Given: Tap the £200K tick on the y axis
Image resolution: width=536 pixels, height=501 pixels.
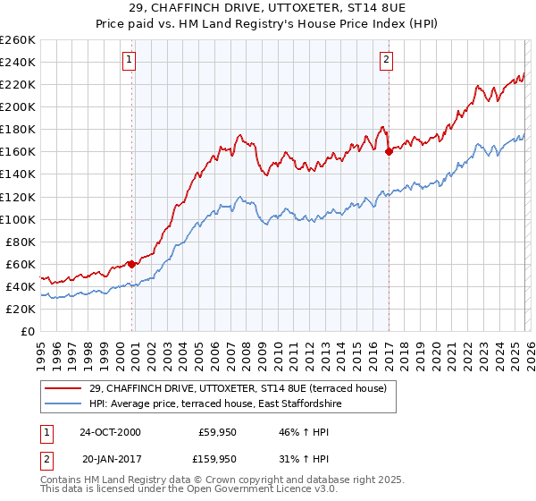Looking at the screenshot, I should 18,106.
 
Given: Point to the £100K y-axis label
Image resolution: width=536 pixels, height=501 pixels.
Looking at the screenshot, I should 18,219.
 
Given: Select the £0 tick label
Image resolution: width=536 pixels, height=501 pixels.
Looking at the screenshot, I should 27,331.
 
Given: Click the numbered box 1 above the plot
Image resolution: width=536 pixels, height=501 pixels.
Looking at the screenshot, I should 129,60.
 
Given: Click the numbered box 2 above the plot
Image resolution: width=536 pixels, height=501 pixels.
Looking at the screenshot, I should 386,60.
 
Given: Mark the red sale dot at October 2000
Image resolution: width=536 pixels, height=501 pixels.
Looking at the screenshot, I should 131,263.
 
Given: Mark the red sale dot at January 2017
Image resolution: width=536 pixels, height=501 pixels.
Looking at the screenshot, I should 389,151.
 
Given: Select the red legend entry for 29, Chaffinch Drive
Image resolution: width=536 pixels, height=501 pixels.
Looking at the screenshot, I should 238,388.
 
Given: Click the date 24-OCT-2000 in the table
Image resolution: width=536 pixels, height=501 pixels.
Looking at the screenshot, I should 110,432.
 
